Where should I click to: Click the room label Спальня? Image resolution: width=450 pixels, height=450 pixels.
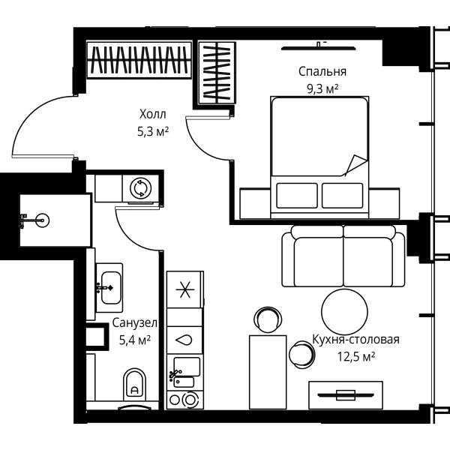click(322, 71)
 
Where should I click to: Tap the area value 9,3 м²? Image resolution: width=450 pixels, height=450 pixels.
click(322, 89)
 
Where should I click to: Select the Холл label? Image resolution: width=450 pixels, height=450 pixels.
click(153, 114)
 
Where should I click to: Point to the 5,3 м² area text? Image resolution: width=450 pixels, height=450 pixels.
click(153, 132)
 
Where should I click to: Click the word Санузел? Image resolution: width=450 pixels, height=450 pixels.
click(134, 322)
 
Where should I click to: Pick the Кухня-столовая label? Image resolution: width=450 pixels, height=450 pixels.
click(355, 340)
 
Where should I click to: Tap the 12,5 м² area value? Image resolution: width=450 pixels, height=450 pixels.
click(355, 357)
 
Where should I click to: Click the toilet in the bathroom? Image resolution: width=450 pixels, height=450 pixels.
click(134, 384)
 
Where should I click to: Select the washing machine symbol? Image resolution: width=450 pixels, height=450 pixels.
click(141, 188)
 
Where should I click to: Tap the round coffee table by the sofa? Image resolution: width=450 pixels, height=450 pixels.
click(344, 312)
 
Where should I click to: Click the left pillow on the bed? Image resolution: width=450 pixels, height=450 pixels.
click(297, 196)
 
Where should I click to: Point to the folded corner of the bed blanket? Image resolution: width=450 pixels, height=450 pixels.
click(355, 165)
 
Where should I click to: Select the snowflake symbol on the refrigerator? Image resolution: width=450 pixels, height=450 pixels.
click(185, 289)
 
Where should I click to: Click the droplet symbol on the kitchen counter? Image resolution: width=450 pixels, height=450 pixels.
click(184, 340)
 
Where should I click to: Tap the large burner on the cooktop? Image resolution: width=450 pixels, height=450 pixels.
click(190, 400)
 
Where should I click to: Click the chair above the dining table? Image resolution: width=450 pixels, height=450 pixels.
click(268, 320)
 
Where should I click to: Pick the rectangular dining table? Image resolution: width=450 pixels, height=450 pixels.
click(268, 372)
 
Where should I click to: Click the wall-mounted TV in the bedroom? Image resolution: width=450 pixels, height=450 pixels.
click(319, 48)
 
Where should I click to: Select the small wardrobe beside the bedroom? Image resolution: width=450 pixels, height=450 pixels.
click(217, 73)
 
